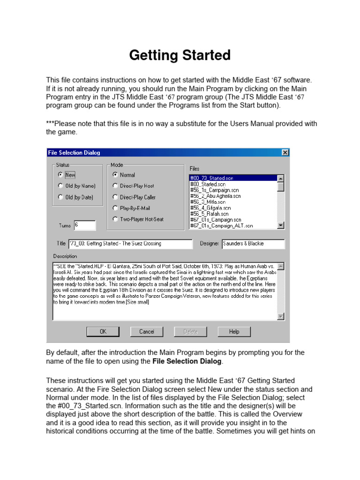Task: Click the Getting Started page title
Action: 180,55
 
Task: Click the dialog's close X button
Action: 285,152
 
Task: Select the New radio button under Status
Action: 61,175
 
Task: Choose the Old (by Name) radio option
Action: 61,186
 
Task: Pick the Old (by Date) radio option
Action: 61,197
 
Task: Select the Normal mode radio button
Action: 115,175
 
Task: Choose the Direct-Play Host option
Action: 115,186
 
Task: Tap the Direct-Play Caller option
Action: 115,197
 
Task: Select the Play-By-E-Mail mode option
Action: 115,208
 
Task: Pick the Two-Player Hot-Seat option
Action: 115,219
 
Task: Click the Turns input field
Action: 84,225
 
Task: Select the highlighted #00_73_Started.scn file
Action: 232,178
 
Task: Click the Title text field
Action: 130,244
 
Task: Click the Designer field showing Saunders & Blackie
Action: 253,244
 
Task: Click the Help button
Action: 234,332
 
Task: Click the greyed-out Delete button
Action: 190,332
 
